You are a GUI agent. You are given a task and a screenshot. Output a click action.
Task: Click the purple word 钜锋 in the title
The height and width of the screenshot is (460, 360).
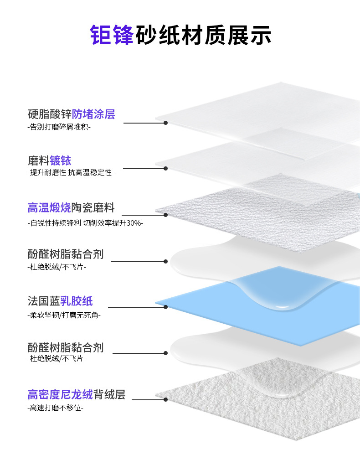112,35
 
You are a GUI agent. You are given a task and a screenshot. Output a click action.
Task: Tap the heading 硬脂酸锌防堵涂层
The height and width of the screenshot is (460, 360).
71,114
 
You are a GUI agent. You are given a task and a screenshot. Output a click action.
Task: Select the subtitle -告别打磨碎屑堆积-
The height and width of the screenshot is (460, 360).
59,127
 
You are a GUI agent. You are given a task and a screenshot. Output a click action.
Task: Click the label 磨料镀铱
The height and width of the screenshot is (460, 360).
49,160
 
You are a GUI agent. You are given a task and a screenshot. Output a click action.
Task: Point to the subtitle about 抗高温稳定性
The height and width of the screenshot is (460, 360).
71,173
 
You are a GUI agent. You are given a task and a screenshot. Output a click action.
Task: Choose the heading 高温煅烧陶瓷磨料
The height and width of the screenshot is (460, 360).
71,208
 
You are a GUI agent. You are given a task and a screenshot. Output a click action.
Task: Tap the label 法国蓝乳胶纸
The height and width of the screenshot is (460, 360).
60,301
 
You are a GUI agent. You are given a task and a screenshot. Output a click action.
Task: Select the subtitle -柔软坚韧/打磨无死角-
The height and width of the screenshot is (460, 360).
64,315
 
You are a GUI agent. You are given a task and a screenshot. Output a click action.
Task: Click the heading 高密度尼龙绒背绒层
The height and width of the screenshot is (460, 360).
76,394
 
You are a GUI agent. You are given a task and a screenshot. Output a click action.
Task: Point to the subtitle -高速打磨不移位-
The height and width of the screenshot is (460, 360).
55,408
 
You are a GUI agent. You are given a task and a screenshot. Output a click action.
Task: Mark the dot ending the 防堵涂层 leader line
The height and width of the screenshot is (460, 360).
166,123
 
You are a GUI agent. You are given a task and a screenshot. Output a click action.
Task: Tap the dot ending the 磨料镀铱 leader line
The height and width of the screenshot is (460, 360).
166,168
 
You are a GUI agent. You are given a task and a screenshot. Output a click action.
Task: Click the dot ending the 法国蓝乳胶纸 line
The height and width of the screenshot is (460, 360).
166,307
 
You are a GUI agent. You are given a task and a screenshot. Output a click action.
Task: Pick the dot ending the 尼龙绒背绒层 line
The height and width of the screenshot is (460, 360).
166,400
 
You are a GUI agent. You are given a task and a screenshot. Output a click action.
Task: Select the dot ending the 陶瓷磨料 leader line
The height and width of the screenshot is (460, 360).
166,215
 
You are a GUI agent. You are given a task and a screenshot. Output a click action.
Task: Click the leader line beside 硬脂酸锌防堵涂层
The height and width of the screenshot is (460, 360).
144,123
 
